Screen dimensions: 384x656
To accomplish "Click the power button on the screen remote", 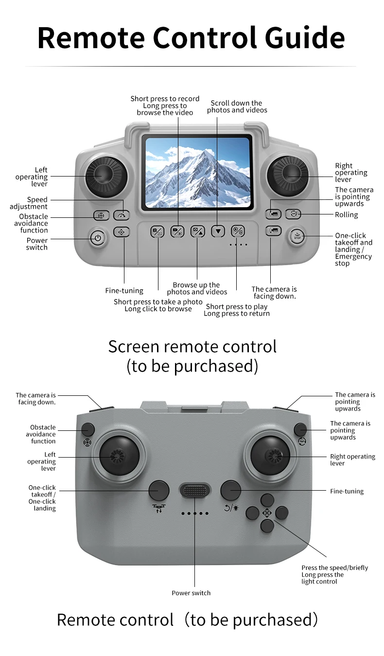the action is (x=98, y=238).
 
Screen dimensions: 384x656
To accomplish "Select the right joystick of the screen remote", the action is (x=288, y=174).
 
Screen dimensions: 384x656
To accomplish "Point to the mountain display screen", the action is (x=197, y=172).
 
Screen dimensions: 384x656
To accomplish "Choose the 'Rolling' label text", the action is (x=346, y=215).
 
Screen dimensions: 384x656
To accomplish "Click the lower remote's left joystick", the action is (x=119, y=456).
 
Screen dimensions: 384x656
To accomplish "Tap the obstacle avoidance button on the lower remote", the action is (x=88, y=429).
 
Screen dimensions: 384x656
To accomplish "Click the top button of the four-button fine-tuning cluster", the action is (x=267, y=499).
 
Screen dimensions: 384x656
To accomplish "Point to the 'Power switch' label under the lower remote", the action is (x=191, y=593).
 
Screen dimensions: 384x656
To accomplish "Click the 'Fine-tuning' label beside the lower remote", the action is (x=347, y=491).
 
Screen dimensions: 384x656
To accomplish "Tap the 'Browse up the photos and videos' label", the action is (x=197, y=288).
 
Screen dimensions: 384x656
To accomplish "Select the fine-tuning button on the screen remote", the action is (x=122, y=232).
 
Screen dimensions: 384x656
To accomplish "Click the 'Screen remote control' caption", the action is (x=192, y=347).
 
